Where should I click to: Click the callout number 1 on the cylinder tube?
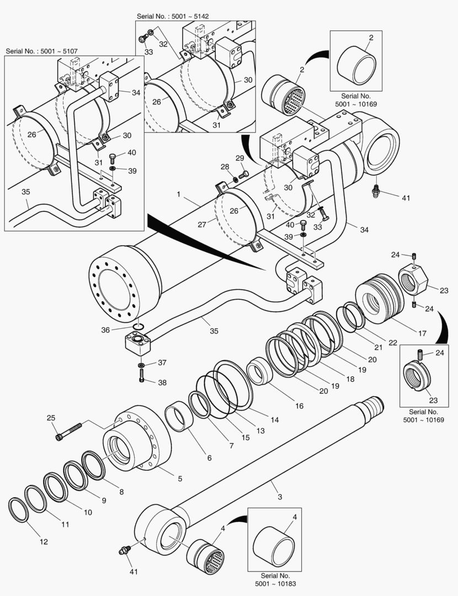point(179,195)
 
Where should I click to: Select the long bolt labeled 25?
point(68,431)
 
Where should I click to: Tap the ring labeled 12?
point(19,509)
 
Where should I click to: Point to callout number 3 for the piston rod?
point(280,497)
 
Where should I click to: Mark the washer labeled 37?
point(142,365)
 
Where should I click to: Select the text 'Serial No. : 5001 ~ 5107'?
point(41,51)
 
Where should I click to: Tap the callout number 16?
point(299,406)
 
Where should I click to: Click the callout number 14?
point(274,419)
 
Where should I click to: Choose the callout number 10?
point(87,512)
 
